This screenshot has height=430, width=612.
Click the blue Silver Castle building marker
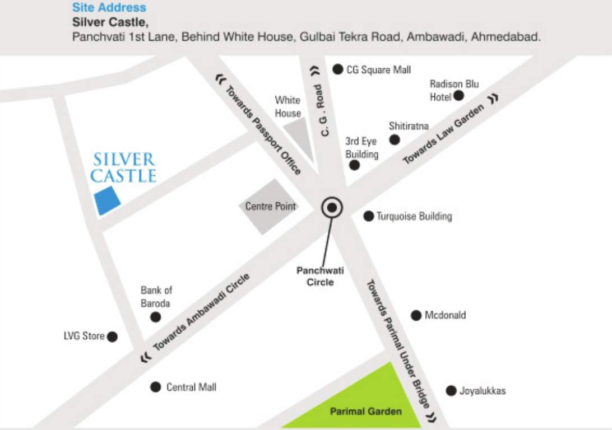coord(108,201)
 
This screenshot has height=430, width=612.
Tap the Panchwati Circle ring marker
coord(332,208)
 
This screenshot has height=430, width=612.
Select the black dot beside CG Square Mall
coord(337,69)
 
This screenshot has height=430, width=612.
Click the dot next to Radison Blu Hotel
coord(458,96)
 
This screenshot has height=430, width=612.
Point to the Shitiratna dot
coord(395,140)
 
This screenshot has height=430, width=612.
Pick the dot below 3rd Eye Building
coord(354,165)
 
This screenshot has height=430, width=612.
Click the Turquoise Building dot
coord(368,216)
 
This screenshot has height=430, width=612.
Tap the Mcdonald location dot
coord(416,315)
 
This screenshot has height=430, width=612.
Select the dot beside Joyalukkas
coord(451,391)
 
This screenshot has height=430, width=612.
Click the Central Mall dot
coord(156,387)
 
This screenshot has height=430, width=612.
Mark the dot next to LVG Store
coord(112,336)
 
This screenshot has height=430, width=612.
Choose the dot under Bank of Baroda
coord(156,317)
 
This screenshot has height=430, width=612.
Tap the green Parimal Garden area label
coord(365,412)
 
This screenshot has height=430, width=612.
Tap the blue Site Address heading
coord(109,8)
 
